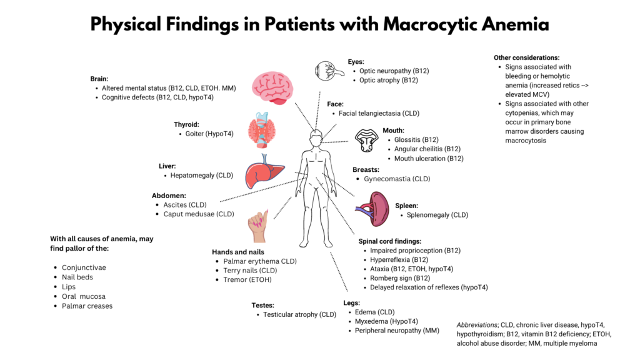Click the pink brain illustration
272,87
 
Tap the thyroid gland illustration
262,130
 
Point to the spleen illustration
372,209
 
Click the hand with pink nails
258,226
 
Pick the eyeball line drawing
329,71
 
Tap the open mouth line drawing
366,141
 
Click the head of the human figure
316,139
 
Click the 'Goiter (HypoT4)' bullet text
209,134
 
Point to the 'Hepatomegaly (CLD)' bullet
202,176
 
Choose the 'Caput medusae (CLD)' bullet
199,214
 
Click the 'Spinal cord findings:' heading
390,241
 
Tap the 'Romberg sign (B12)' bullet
400,278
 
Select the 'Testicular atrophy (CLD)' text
299,315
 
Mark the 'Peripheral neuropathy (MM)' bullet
397,331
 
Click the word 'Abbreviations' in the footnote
477,325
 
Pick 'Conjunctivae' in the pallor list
84,267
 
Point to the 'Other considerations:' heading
526,58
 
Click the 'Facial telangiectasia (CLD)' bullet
379,114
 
